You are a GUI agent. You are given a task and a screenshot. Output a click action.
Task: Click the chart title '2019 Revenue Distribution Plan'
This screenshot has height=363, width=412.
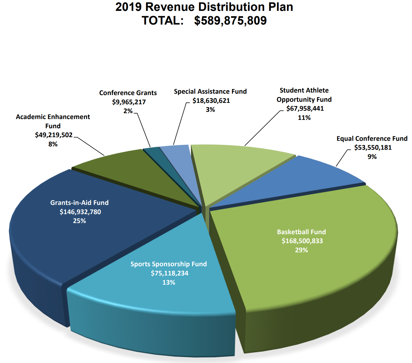pyautogui.click(x=204, y=7)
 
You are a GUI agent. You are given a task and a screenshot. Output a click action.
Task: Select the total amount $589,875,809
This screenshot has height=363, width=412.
pyautogui.click(x=230, y=21)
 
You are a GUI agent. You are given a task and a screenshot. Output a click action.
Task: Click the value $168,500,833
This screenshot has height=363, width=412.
pyautogui.click(x=302, y=241)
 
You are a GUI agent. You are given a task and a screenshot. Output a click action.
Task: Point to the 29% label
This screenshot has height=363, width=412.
pyautogui.click(x=301, y=250)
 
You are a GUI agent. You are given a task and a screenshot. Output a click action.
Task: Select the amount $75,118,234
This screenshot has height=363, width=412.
pyautogui.click(x=170, y=273)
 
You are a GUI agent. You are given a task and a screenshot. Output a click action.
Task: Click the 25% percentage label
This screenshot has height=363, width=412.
pyautogui.click(x=79, y=221)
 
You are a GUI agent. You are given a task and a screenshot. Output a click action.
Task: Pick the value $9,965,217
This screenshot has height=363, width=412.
pyautogui.click(x=129, y=102)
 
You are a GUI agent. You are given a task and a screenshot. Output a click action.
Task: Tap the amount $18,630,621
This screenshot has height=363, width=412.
pyautogui.click(x=211, y=101)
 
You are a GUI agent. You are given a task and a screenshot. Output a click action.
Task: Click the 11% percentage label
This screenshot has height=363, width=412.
pyautogui.click(x=304, y=118)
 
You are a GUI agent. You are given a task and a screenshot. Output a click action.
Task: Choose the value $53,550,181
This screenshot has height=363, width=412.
pyautogui.click(x=373, y=147)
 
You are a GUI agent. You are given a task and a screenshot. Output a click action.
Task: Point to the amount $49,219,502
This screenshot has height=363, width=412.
pyautogui.click(x=54, y=135)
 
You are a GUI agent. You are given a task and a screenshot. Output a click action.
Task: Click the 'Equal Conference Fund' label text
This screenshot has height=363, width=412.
pyautogui.click(x=372, y=139)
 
